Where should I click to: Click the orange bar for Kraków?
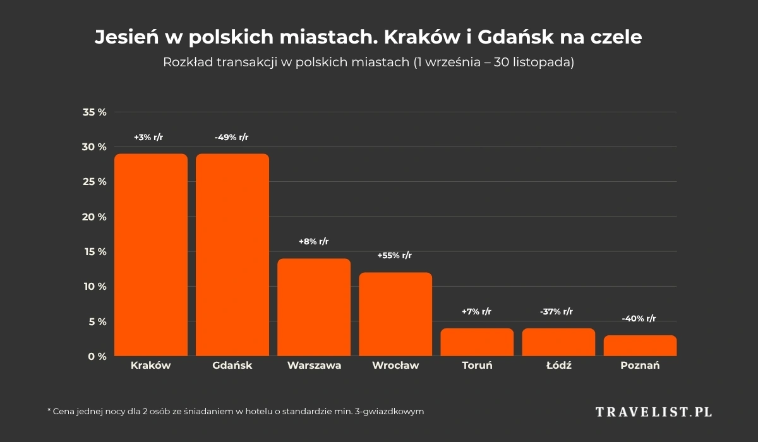coord(151,255)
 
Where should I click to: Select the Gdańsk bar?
coord(232,255)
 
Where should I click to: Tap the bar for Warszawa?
coord(314,308)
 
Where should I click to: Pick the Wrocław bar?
coord(395,314)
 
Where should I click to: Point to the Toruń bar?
coord(477,342)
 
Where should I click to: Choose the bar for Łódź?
coord(558,342)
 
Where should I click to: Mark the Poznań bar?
coord(640,346)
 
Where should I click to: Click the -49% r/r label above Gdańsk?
coord(232,137)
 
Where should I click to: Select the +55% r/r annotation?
coord(395,256)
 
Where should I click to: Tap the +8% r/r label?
coord(314,242)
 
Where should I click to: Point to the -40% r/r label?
coord(639,319)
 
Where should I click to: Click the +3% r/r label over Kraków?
coord(148,137)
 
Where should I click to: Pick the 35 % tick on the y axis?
coord(95,112)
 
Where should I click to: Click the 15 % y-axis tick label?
coord(95,252)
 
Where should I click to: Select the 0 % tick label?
coord(97,357)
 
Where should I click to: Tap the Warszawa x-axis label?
coord(314,366)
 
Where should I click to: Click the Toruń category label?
coord(477,366)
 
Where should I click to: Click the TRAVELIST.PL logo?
coord(654,412)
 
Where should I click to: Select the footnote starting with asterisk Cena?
coord(235,411)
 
